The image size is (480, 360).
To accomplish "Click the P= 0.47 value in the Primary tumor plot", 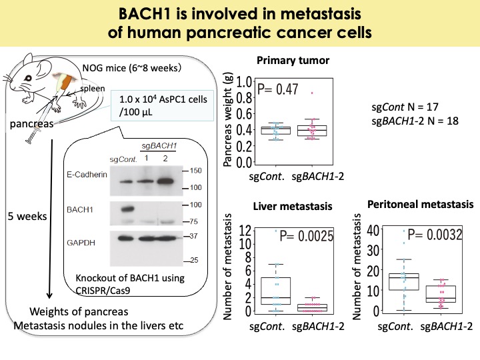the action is (x=277, y=89).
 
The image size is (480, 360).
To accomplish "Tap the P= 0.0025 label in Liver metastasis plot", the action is (x=307, y=236).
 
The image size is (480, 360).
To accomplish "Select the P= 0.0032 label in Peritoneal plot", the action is (x=435, y=235).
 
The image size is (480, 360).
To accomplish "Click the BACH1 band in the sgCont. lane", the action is (x=127, y=209).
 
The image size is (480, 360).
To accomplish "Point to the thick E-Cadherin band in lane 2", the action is (x=165, y=181).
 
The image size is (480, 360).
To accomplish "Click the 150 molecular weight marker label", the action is (x=195, y=171).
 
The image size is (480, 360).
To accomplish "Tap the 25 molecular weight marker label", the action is (x=194, y=260).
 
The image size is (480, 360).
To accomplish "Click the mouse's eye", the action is (x=28, y=78).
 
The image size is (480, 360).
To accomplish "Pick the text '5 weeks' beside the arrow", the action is (x=27, y=216).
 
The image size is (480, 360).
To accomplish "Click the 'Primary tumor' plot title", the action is (x=293, y=60).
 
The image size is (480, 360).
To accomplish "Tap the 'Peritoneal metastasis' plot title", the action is (x=420, y=204).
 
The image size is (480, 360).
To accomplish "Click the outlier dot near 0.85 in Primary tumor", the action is (x=312, y=93).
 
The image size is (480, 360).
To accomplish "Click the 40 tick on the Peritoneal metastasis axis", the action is (x=373, y=229).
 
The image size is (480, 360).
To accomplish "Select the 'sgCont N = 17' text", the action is (x=405, y=107).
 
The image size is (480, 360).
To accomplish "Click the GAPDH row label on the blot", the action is (x=81, y=243).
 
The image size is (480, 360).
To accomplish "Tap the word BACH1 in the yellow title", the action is (x=145, y=14).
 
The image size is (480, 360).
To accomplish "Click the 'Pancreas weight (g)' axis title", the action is (x=227, y=120).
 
